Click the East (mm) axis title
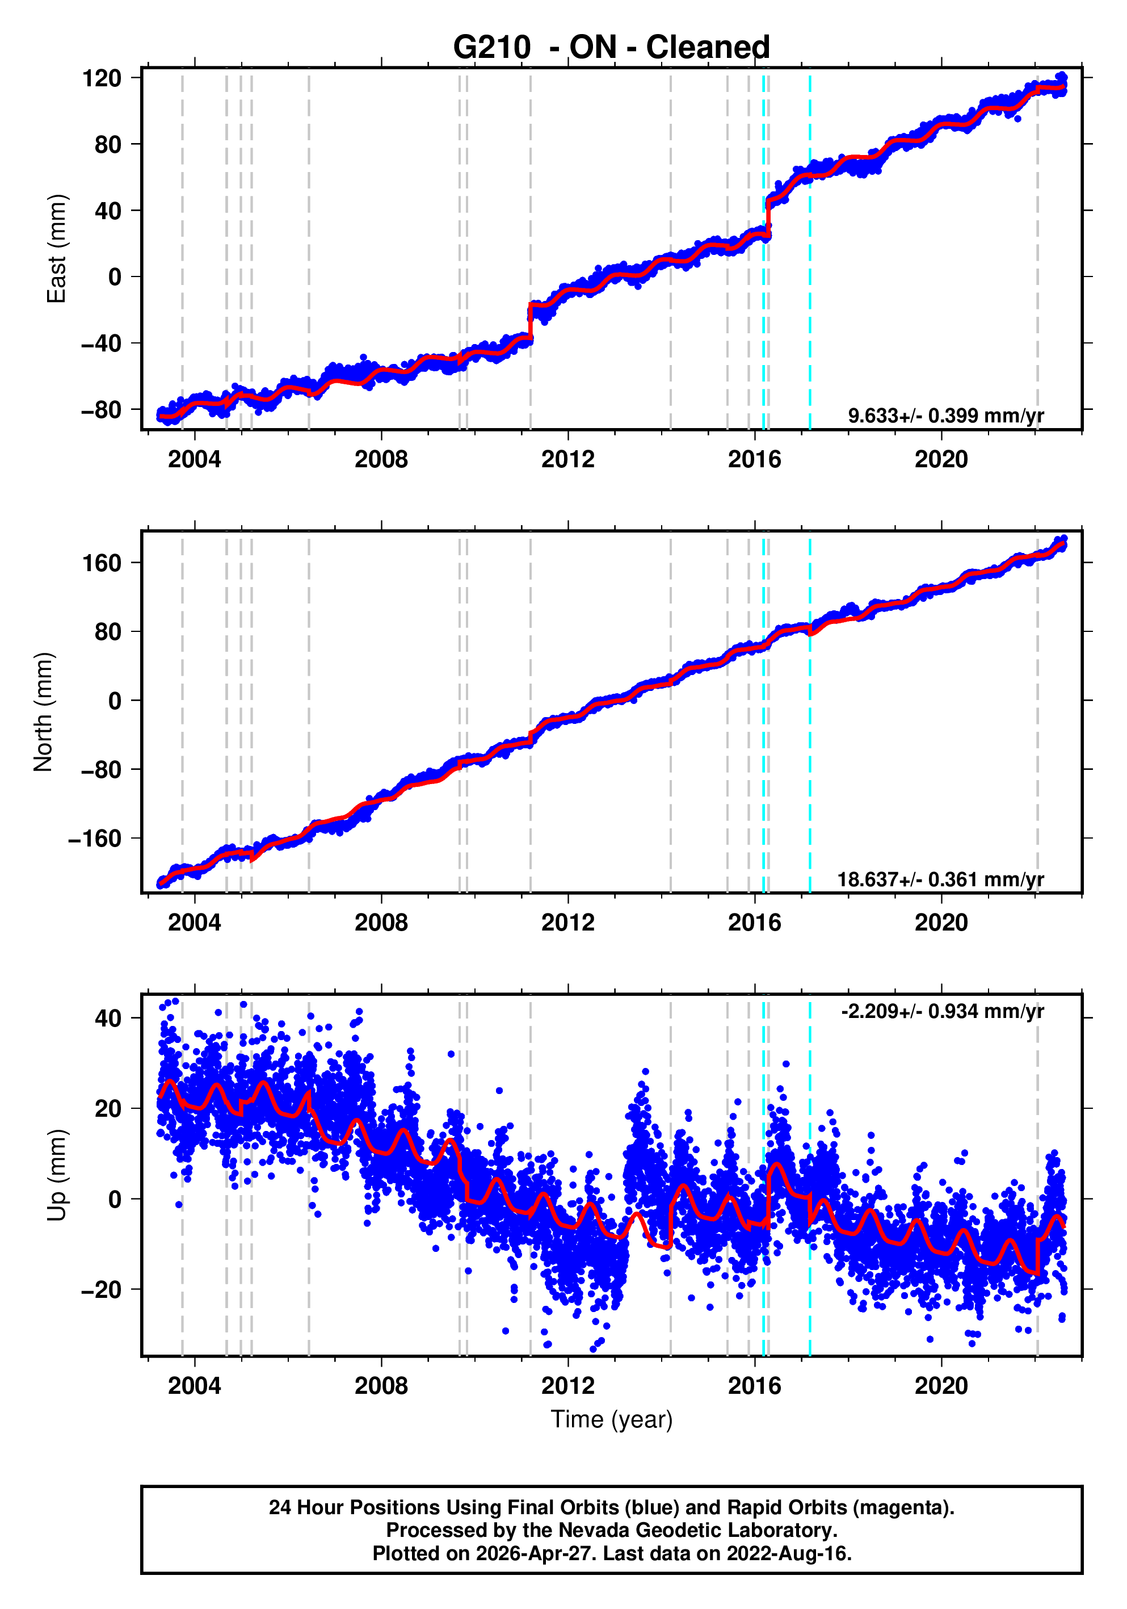pyautogui.click(x=56, y=249)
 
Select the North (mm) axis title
pyautogui.click(x=44, y=712)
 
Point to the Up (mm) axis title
pyautogui.click(x=56, y=1175)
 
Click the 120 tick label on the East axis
pyautogui.click(x=102, y=78)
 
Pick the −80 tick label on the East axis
pyautogui.click(x=100, y=409)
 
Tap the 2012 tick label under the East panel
pyautogui.click(x=567, y=460)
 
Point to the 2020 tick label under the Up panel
pyautogui.click(x=941, y=1385)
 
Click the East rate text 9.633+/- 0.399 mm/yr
pyautogui.click(x=945, y=416)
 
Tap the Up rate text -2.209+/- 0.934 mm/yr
pyautogui.click(x=942, y=1011)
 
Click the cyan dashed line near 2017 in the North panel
pyautogui.click(x=810, y=736)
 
